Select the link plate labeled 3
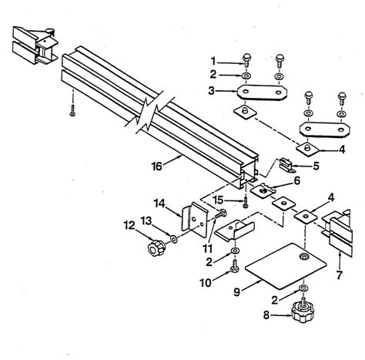coord(260,93)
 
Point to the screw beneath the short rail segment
coord(71,112)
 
